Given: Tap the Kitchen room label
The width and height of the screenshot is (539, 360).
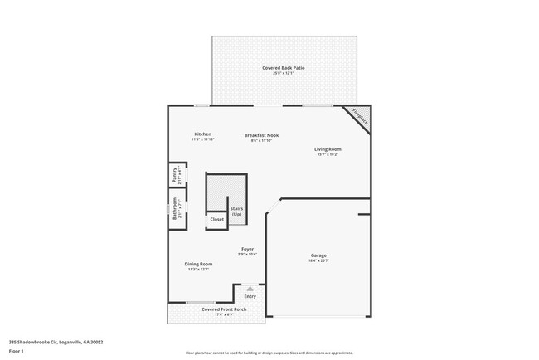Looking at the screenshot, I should pyautogui.click(x=202, y=134).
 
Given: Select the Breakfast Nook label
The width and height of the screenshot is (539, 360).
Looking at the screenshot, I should pyautogui.click(x=261, y=134).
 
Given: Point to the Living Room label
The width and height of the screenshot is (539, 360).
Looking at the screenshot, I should pyautogui.click(x=328, y=149).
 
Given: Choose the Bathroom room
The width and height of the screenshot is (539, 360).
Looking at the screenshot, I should pyautogui.click(x=176, y=207).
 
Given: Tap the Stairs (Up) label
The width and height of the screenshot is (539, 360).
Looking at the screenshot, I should pyautogui.click(x=236, y=212).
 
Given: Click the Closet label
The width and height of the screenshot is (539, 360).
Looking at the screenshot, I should pyautogui.click(x=216, y=219).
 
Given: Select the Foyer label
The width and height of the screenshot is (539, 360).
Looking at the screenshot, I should pyautogui.click(x=247, y=249).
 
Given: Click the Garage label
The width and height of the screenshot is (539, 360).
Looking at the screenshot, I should pyautogui.click(x=318, y=256).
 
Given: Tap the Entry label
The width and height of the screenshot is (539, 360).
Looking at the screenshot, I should pyautogui.click(x=250, y=296).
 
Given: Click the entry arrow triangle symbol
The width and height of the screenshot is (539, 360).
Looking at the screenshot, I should pyautogui.click(x=250, y=288).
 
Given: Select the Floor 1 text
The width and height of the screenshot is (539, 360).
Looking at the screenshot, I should pyautogui.click(x=17, y=351).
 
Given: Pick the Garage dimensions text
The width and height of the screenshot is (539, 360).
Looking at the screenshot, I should pyautogui.click(x=318, y=262).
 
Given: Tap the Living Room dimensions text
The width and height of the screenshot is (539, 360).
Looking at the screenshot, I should pyautogui.click(x=328, y=155).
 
